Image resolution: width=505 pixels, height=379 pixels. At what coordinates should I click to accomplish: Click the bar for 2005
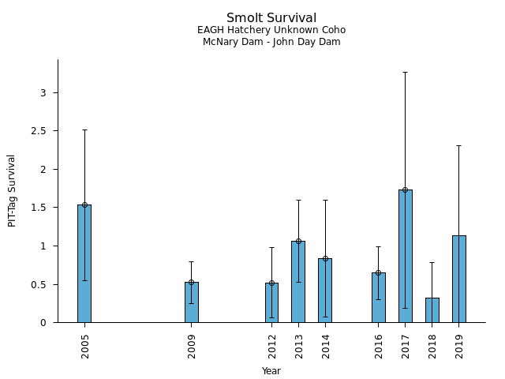click(84, 264)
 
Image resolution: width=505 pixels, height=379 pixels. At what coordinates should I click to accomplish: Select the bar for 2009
click(192, 302)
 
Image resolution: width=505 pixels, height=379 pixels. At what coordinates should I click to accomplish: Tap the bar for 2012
click(271, 302)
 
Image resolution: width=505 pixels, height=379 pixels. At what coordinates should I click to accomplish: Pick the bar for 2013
click(298, 282)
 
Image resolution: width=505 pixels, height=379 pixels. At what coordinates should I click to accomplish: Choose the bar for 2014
click(325, 291)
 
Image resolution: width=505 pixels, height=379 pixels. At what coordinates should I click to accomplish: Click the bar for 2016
click(379, 298)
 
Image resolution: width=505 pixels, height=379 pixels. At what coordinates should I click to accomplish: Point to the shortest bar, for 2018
click(432, 310)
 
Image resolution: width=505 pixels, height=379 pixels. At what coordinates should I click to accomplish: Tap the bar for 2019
click(459, 279)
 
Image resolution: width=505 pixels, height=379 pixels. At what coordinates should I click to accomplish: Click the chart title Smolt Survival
click(271, 18)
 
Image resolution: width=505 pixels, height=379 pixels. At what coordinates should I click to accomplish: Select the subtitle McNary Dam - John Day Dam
click(271, 42)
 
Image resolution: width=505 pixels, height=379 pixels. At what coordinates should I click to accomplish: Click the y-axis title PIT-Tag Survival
click(13, 190)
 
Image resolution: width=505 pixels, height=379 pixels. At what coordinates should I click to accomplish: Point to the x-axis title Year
click(271, 371)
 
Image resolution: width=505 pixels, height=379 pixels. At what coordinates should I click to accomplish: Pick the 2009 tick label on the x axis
click(192, 346)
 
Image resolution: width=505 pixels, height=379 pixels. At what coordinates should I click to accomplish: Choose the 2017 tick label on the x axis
click(406, 346)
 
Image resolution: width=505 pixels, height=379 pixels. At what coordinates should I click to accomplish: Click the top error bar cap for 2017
click(406, 72)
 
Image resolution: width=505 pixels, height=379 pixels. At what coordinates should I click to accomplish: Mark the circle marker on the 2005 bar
click(84, 205)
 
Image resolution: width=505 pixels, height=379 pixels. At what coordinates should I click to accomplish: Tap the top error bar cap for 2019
click(459, 145)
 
